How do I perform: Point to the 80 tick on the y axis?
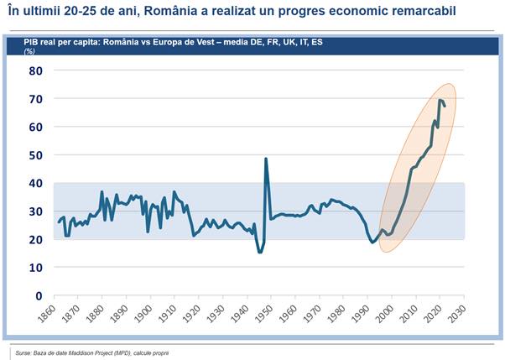click(35, 71)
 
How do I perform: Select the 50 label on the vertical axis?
click(35, 155)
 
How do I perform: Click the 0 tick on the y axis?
click(39, 295)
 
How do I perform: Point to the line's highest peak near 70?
click(440, 101)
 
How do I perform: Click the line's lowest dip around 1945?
click(259, 253)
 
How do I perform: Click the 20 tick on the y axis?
click(35, 239)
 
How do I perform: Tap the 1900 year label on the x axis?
click(147, 316)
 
